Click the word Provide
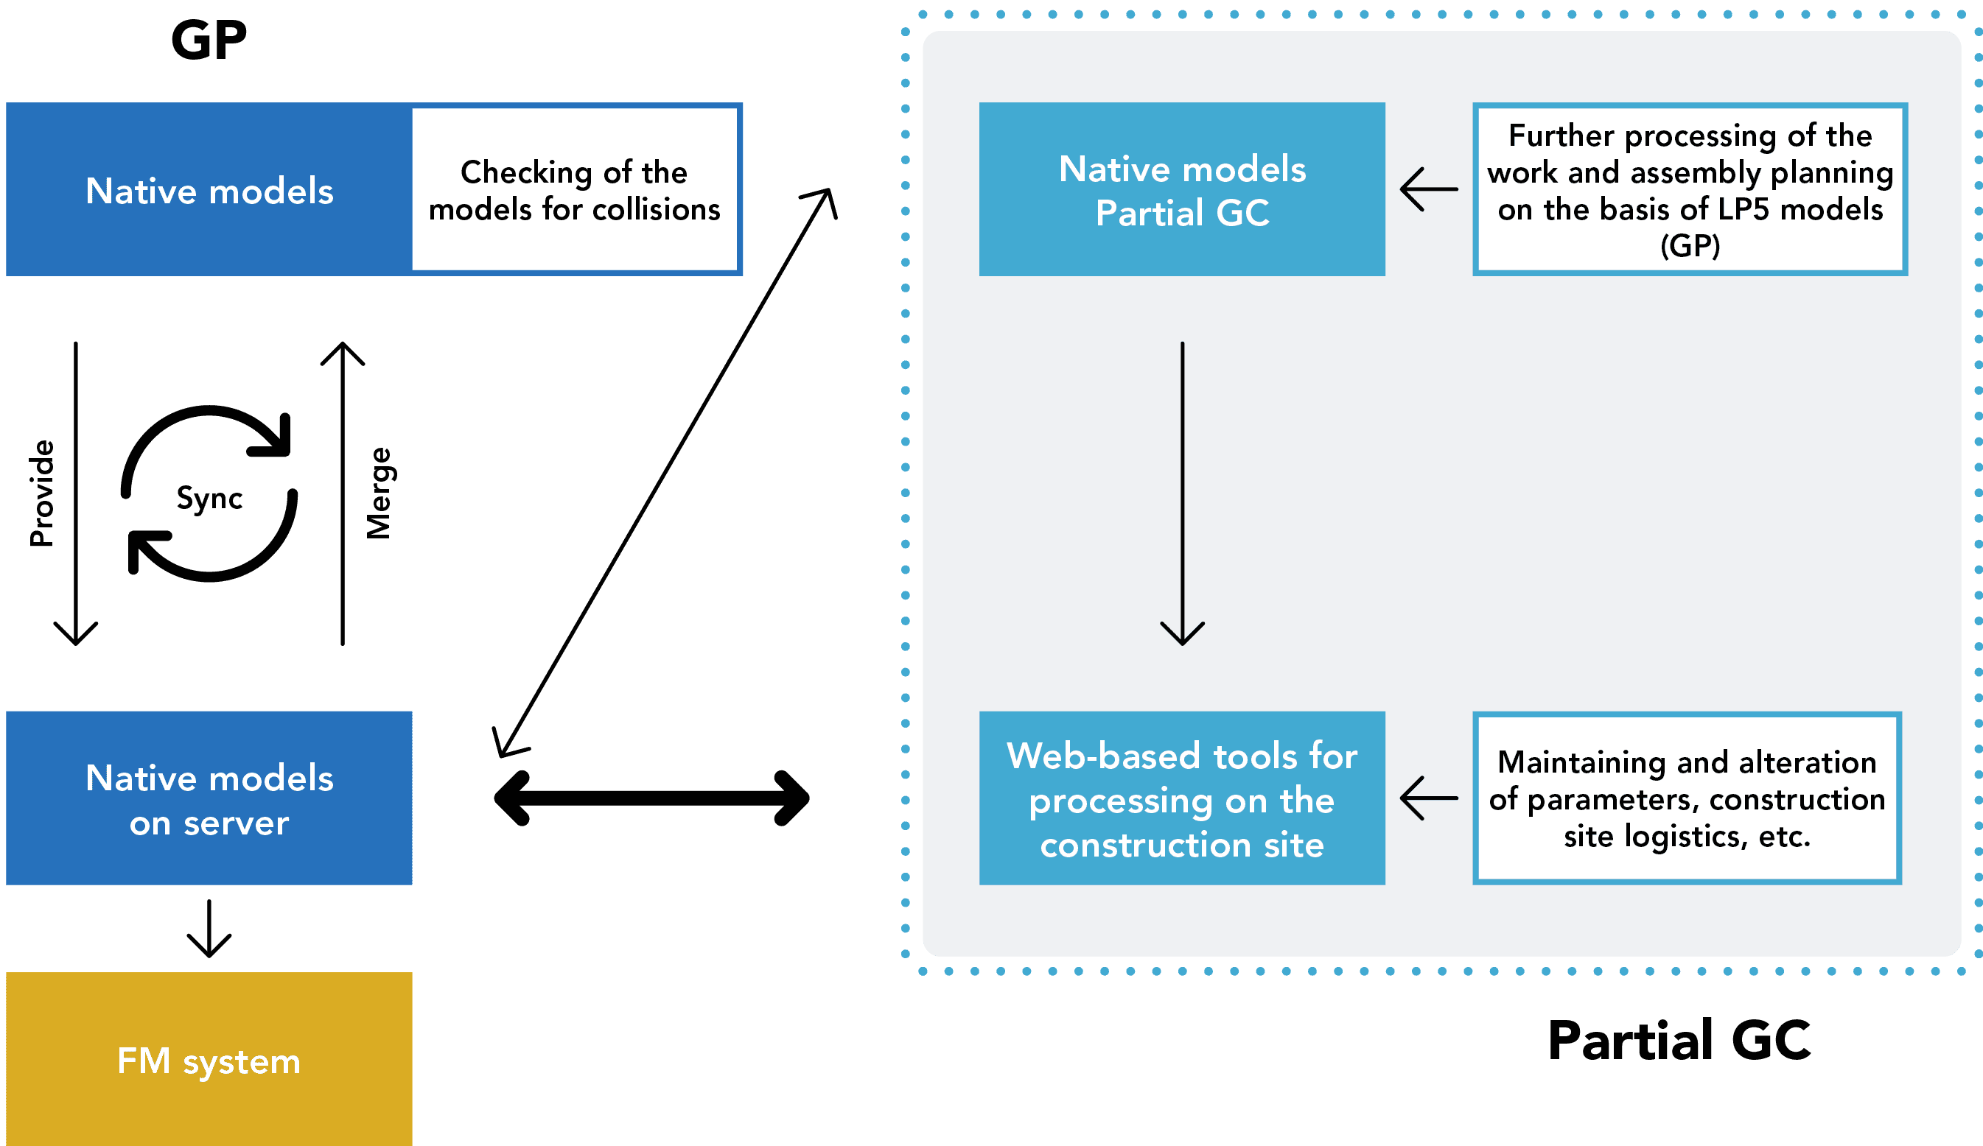click(42, 493)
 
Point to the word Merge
click(380, 493)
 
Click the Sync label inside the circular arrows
click(209, 498)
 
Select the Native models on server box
click(209, 798)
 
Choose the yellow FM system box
click(209, 1061)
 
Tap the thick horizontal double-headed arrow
click(651, 798)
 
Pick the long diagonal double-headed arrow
click(665, 472)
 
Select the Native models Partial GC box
click(1182, 189)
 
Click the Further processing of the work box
click(1690, 189)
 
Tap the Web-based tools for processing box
click(1182, 798)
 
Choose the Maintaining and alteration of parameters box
click(1687, 798)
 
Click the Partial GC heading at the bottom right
click(1679, 1041)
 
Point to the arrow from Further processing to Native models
click(1429, 189)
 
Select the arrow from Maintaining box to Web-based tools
click(1429, 798)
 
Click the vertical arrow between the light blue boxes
click(1182, 493)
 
